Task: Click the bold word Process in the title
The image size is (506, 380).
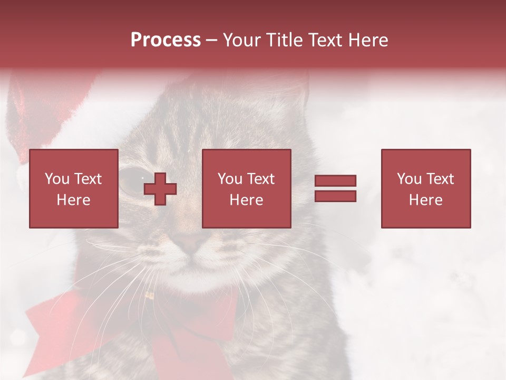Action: (166, 40)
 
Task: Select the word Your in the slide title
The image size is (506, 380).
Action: (242, 40)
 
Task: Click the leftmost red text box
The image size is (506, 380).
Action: (74, 188)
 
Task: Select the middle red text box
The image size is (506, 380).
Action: (247, 188)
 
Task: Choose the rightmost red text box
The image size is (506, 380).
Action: (426, 188)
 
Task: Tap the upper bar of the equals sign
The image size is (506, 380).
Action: (335, 180)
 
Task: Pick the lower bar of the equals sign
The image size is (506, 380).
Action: (335, 196)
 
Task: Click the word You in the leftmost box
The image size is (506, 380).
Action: (57, 179)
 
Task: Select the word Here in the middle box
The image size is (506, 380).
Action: (247, 200)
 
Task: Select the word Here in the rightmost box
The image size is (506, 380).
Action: (426, 200)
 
